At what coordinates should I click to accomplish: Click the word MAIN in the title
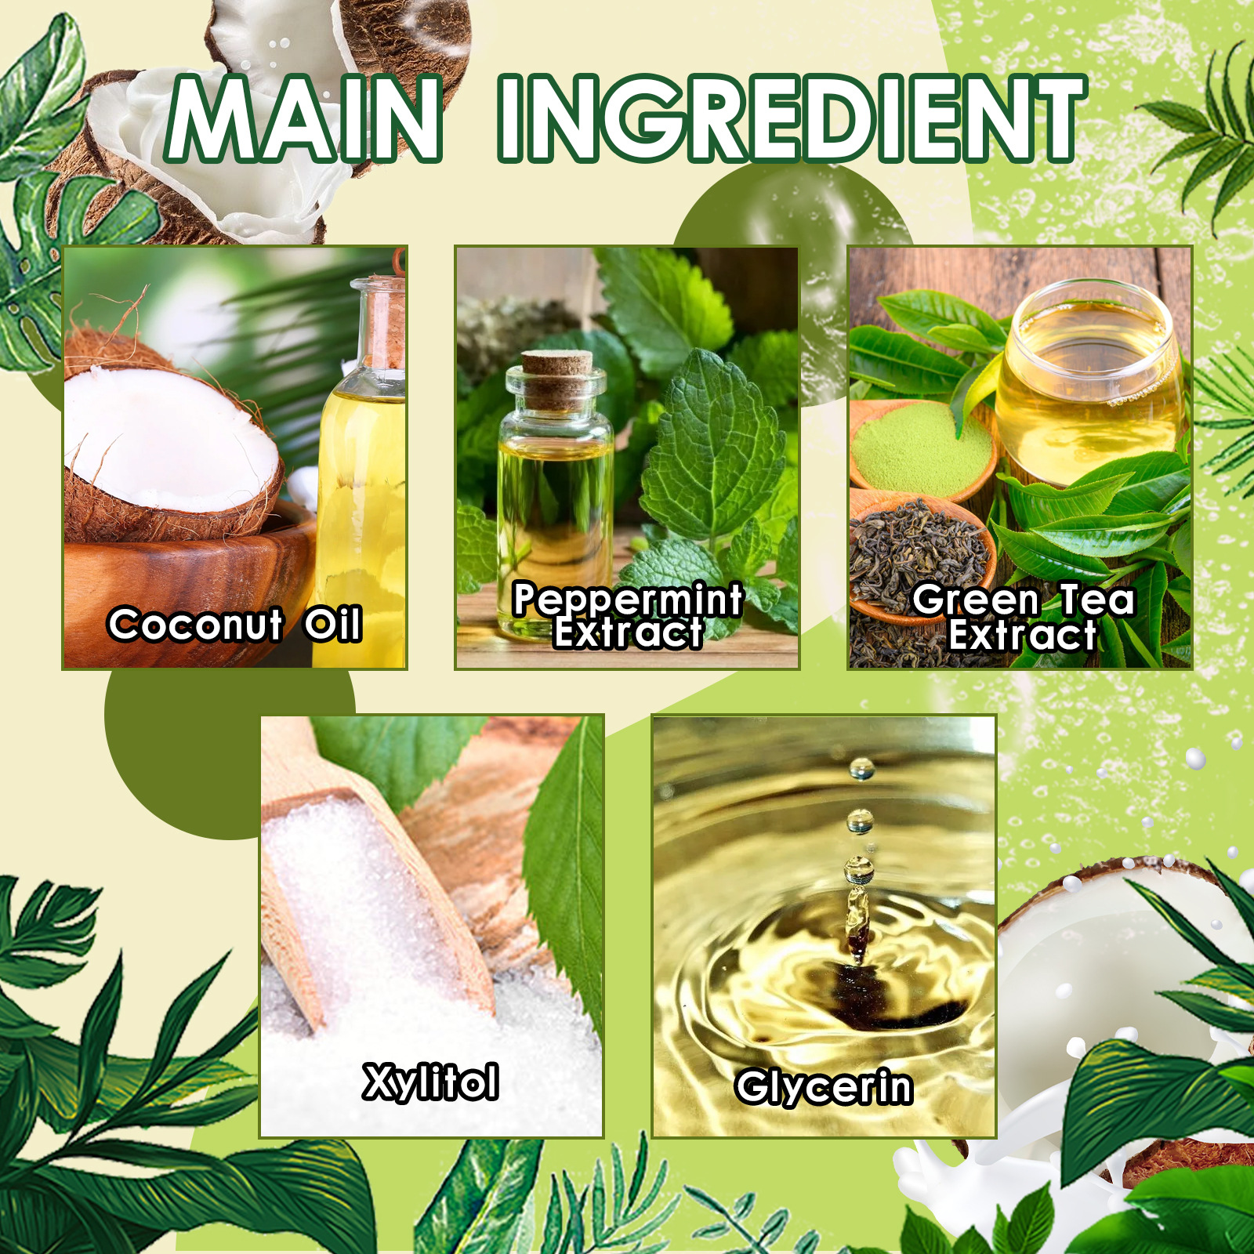304,119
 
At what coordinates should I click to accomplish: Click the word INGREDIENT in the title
792,119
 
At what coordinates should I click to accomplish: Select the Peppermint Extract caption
627,616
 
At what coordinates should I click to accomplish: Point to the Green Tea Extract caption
1023,618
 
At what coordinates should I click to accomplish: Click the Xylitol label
430,1082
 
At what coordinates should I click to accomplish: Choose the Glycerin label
824,1087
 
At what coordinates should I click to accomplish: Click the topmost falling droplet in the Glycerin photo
861,769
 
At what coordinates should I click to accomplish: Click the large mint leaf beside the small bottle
713,455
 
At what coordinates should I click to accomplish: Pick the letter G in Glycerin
754,1087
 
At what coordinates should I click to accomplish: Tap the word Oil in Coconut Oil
333,625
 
